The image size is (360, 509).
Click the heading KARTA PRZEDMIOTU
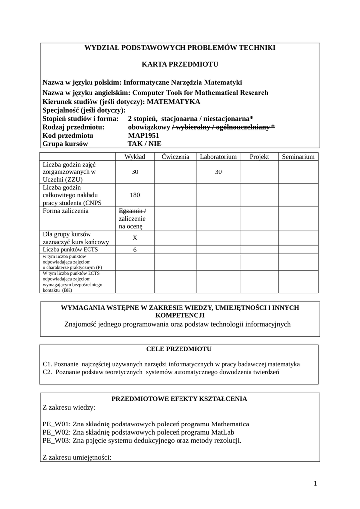[180, 64]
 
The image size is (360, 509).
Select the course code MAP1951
[144, 135]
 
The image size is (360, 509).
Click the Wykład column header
[135, 157]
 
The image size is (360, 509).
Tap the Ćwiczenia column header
[176, 157]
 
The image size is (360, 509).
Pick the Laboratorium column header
[218, 157]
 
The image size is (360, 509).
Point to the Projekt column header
[259, 157]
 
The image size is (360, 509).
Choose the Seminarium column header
[298, 157]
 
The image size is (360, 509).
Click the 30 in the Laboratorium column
[218, 171]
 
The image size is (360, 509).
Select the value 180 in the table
[135, 195]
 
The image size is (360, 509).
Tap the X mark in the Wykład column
[135, 238]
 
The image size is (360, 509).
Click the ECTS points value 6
[135, 250]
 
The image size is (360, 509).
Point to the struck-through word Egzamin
[130, 211]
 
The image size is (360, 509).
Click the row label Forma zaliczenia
[66, 211]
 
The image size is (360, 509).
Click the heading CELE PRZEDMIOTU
[179, 349]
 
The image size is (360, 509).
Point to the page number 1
[315, 483]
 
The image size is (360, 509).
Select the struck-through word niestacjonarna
[226, 119]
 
